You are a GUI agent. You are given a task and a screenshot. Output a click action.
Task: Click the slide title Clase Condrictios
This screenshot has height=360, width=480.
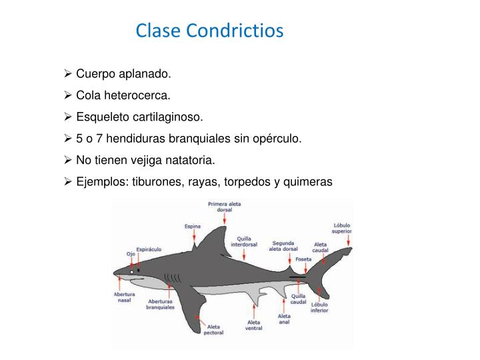[210, 31]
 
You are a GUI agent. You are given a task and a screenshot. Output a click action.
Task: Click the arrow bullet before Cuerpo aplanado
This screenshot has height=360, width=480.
[69, 74]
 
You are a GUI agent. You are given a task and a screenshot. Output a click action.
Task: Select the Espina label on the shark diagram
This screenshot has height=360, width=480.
[192, 226]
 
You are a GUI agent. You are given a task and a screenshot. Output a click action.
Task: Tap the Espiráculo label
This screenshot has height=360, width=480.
[148, 249]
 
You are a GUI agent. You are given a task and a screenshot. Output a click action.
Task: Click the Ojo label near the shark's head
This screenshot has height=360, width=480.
[131, 254]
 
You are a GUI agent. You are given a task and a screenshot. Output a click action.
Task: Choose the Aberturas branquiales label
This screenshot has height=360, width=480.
[161, 304]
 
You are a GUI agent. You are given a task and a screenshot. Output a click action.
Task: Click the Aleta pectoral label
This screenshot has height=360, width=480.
[213, 330]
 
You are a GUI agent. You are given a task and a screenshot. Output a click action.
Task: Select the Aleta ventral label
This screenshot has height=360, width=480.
[254, 325]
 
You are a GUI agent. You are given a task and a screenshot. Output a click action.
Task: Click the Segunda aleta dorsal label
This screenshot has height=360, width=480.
[285, 246]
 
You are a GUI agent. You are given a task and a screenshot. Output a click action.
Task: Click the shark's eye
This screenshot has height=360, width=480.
[132, 272]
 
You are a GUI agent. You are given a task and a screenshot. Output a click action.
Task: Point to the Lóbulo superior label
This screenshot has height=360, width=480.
[342, 228]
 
